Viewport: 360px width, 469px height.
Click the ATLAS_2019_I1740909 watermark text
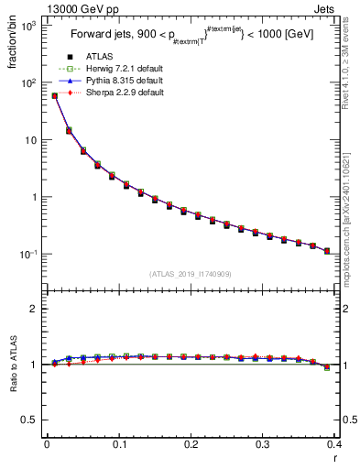[x=190, y=274]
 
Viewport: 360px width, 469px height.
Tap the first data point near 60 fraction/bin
[x=54, y=95]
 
